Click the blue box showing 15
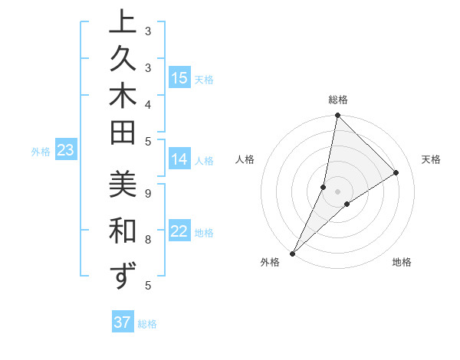pos(179,78)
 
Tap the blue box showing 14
pos(179,159)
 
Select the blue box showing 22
pos(179,232)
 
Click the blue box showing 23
pos(66,151)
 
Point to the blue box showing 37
pos(123,322)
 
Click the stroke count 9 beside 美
pos(147,194)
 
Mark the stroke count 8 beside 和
pos(147,240)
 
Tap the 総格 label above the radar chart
pos(337,100)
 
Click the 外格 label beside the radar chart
pos(269,262)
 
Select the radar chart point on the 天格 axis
pos(396,173)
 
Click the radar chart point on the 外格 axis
pos(293,253)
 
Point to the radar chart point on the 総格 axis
pos(337,116)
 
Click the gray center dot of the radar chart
pos(337,191)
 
